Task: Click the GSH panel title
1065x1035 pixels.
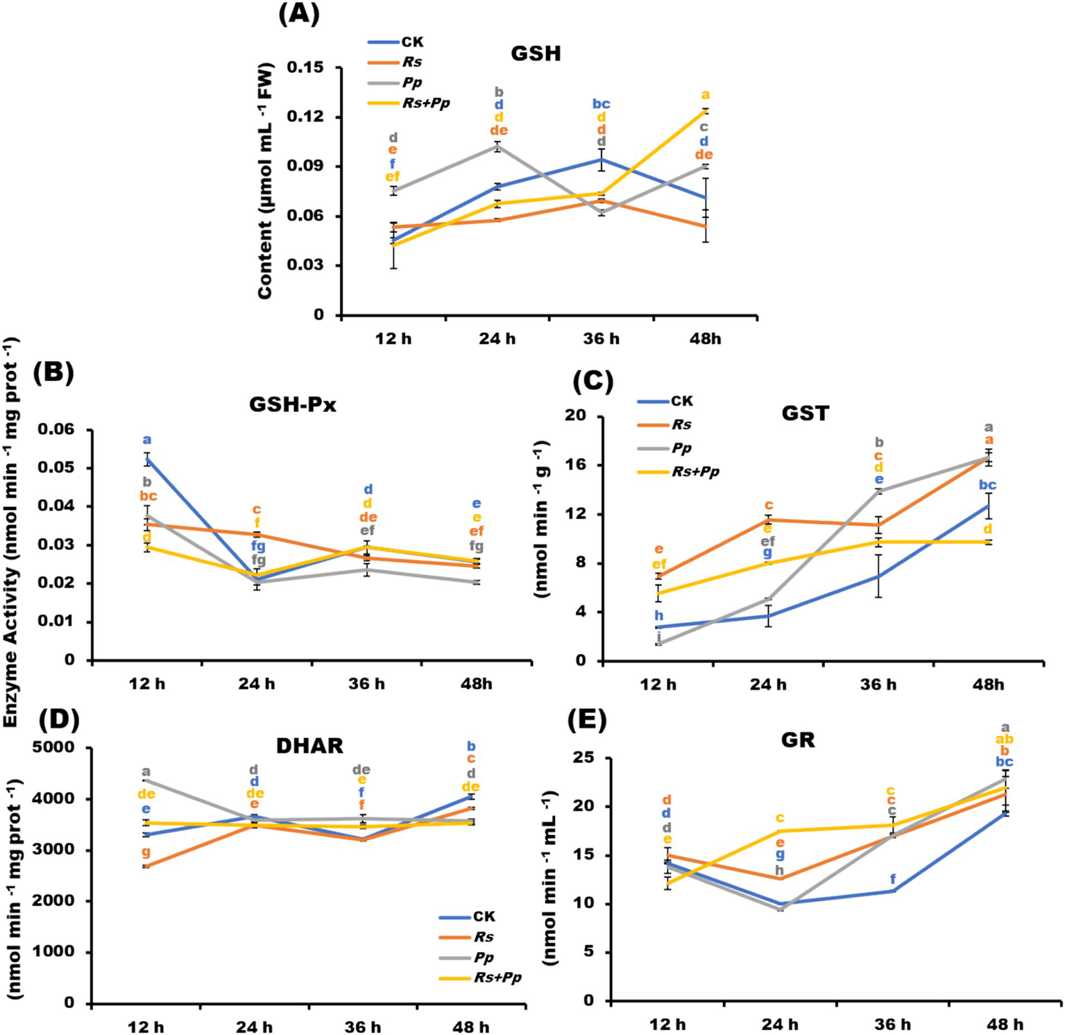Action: point(536,53)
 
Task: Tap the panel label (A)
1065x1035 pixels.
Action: point(299,14)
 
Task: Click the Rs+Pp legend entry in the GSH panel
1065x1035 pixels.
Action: point(425,103)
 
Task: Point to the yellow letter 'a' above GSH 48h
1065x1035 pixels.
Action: point(706,95)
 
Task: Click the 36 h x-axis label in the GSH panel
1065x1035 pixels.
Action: point(601,339)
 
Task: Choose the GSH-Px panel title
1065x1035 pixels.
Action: point(292,404)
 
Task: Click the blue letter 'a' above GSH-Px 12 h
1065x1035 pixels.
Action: point(147,440)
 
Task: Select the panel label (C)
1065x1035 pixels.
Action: point(593,381)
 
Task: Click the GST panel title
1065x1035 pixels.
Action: point(805,413)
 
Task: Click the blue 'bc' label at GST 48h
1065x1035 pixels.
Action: point(987,485)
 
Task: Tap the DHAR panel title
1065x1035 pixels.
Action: point(309,746)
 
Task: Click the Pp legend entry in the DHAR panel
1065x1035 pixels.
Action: point(484,957)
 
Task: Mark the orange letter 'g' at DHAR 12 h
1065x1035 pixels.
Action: point(146,853)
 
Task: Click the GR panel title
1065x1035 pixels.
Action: point(798,739)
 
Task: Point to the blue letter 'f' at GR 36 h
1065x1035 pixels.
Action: point(893,880)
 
